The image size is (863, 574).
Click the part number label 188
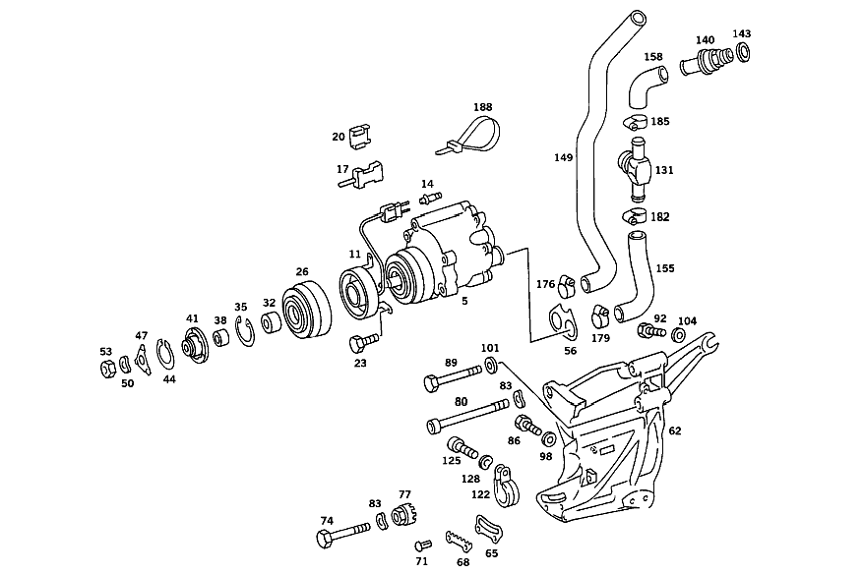click(483, 107)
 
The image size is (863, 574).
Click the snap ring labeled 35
click(245, 331)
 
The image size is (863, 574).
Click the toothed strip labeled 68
click(461, 542)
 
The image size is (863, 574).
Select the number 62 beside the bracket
click(675, 430)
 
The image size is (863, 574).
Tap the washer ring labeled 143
click(742, 52)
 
